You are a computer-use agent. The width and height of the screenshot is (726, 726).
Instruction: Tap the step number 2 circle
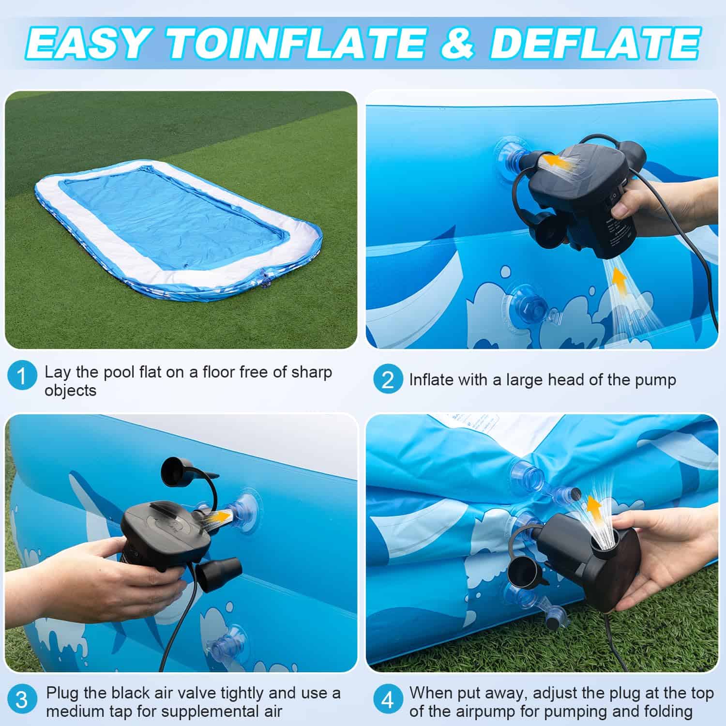(x=388, y=379)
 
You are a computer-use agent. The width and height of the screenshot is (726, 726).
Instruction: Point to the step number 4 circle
(x=388, y=700)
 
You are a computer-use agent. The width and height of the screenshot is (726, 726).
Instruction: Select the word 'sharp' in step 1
(x=311, y=373)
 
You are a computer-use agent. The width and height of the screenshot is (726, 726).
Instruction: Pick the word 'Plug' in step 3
(x=62, y=694)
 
